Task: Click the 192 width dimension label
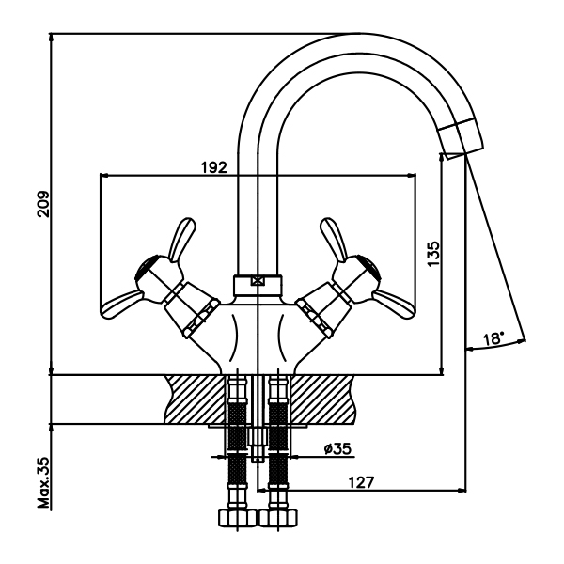click(x=214, y=166)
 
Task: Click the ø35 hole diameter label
click(x=337, y=448)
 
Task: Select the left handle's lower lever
click(x=124, y=302)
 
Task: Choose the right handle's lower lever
click(x=390, y=302)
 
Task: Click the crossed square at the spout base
click(x=258, y=279)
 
